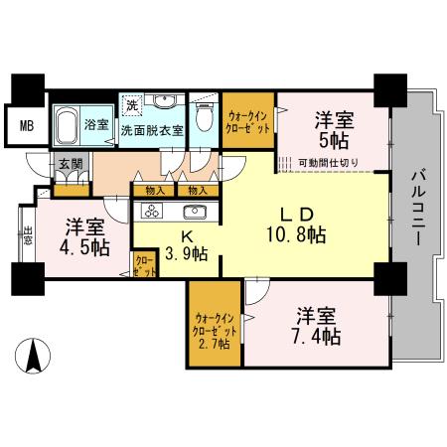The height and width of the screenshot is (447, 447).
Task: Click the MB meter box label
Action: point(27,126)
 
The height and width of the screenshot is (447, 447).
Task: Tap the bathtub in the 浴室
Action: point(66,126)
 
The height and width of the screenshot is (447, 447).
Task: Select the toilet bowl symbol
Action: point(204,117)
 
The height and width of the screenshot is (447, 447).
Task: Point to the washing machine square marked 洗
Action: point(132,104)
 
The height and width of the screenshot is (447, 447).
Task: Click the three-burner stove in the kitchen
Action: point(152,211)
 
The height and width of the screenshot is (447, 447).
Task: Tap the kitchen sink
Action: point(195,212)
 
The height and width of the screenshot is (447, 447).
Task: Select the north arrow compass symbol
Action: point(33,356)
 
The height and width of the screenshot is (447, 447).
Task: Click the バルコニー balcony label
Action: point(418,208)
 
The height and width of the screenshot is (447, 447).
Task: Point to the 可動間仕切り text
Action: point(328,163)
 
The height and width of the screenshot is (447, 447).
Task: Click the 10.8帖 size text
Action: point(296,234)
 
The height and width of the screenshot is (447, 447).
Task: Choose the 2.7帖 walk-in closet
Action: point(215,324)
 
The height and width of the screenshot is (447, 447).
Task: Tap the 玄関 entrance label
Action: point(71,164)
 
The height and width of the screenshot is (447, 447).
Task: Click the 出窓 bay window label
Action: point(28,235)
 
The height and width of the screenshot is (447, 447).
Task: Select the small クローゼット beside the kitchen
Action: point(145,263)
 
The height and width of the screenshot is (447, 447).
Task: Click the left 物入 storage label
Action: point(155,191)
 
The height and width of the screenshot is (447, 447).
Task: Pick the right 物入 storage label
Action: point(198,191)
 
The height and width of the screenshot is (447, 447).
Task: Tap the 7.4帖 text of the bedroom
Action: point(316,337)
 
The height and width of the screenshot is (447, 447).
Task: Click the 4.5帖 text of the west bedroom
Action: point(84,247)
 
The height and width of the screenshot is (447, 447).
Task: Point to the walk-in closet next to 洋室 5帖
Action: point(248,120)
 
